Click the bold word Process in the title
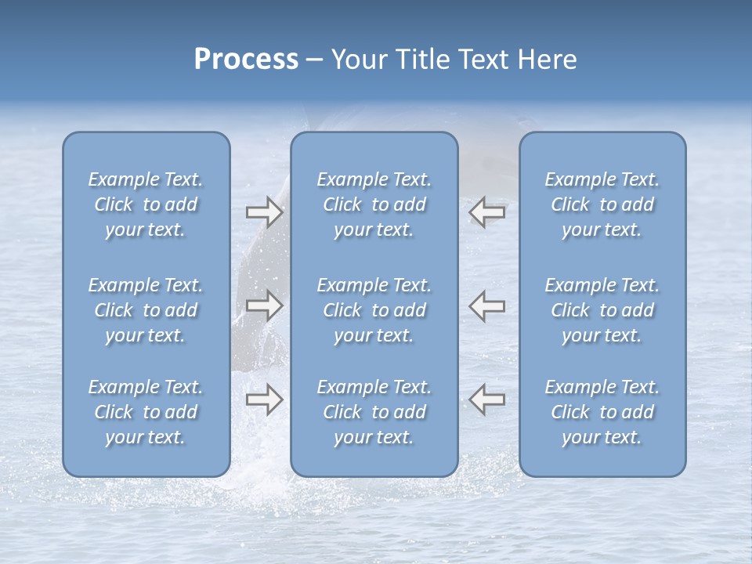point(246,60)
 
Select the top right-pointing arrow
point(264,211)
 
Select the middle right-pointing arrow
point(264,305)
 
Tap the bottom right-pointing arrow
point(264,399)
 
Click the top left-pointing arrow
point(487,211)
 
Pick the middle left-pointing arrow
point(487,305)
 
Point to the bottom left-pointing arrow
point(487,399)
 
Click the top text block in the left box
point(146,204)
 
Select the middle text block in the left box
point(146,310)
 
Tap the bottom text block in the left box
point(146,412)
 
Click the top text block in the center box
point(374,204)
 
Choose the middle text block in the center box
point(374,310)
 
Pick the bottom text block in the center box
point(374,412)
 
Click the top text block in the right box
point(602,204)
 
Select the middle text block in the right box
point(602,310)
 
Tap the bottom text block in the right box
point(602,412)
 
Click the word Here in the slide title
point(548,60)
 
